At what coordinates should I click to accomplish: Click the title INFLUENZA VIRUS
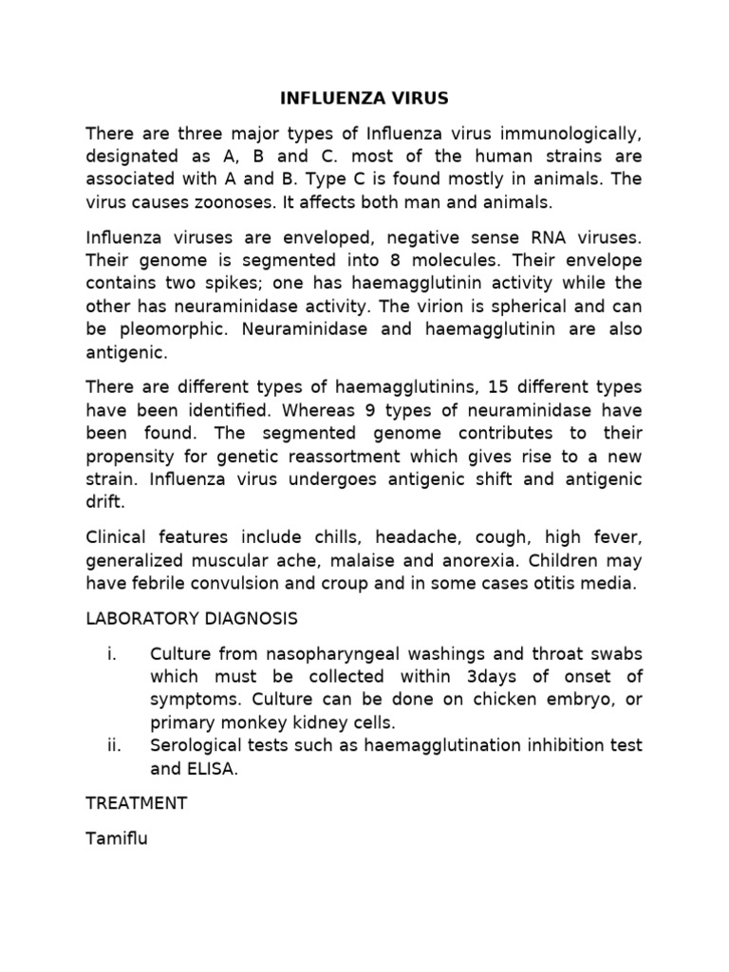(x=364, y=98)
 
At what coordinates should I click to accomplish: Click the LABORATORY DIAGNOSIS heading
(x=192, y=619)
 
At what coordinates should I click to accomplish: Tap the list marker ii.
(x=116, y=746)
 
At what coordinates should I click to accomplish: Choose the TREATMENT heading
(x=137, y=803)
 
